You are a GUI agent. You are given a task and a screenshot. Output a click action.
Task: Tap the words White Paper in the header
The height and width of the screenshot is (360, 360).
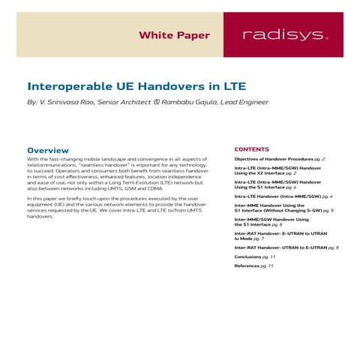coord(175,35)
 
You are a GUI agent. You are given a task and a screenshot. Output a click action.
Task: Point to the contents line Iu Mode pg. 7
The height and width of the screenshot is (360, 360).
coord(248,238)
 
